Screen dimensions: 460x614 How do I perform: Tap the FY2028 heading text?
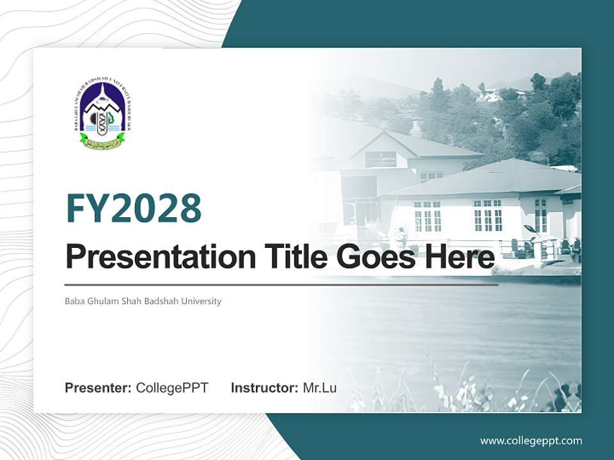point(134,209)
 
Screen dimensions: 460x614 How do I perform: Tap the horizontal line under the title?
point(281,285)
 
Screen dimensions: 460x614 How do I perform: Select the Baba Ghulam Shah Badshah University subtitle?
point(143,301)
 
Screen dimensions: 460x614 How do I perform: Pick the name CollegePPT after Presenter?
point(172,388)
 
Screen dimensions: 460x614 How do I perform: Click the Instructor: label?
point(265,388)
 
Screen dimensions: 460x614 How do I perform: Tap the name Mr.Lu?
point(320,388)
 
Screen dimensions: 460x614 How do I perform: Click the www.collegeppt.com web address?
point(531,441)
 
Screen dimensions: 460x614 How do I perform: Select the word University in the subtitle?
point(200,301)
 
